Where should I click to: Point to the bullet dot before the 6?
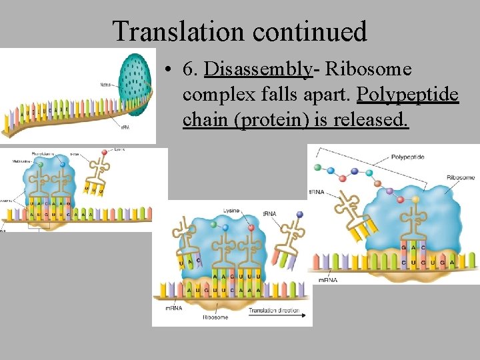pos(172,70)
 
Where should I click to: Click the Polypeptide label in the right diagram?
pos(408,157)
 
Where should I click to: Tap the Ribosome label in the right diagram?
pos(460,178)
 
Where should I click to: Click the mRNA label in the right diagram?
pos(327,280)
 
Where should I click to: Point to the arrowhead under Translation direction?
pos(308,316)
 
